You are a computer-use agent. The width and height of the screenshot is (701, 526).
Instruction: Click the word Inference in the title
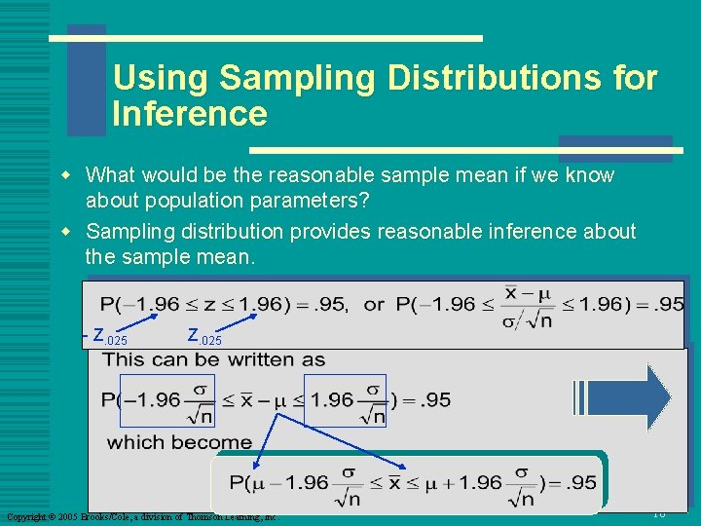pos(190,114)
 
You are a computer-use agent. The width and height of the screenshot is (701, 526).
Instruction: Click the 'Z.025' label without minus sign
pos(204,337)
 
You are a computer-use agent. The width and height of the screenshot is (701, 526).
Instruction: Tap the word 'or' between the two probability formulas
pos(374,304)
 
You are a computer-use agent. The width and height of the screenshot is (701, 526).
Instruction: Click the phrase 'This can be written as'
pos(214,359)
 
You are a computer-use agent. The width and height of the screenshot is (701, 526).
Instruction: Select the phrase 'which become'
pos(179,442)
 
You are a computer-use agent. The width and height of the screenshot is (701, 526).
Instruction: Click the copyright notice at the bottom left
pos(142,516)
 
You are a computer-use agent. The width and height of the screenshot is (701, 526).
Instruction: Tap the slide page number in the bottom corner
pos(658,513)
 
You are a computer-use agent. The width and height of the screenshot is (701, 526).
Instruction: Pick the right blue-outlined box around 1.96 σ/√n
pos(345,400)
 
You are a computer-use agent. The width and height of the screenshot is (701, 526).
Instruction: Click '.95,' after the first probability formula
pos(330,304)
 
